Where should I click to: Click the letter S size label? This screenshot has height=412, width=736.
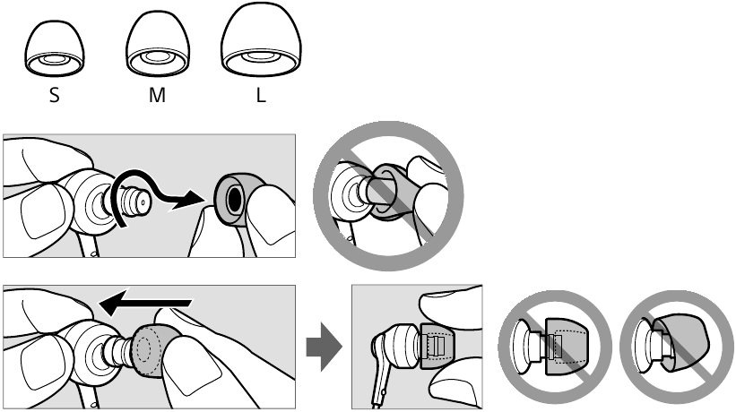(55, 95)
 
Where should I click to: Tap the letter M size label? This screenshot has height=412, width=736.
(157, 95)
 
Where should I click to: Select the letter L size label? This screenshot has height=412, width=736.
(261, 95)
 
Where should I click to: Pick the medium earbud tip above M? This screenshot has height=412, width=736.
(158, 44)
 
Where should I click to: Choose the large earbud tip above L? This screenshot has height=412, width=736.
(261, 39)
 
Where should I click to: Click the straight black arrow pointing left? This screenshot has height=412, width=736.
(146, 303)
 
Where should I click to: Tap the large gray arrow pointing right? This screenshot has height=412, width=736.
(324, 347)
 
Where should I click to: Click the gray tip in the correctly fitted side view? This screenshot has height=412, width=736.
(437, 346)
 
